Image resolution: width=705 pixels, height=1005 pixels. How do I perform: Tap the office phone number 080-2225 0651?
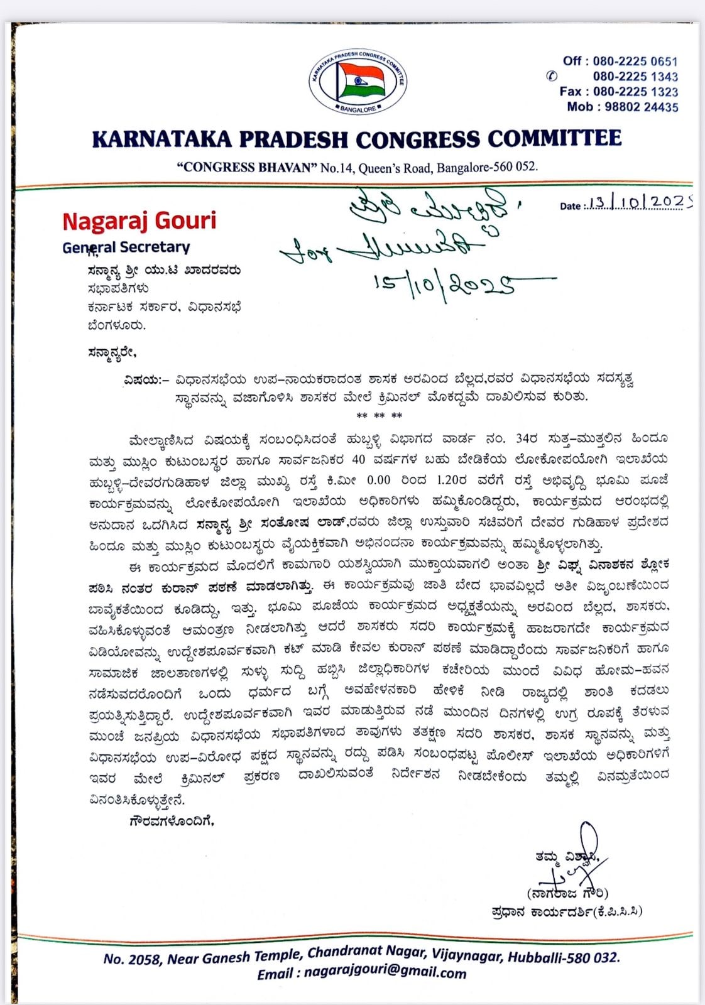click(635, 62)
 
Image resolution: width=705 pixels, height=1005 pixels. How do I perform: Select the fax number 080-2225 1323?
click(635, 92)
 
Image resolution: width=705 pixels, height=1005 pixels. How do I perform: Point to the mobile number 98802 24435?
click(642, 107)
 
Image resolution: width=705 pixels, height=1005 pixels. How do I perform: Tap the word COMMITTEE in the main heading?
click(555, 138)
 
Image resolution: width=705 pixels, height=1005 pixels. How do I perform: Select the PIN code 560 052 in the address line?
click(516, 167)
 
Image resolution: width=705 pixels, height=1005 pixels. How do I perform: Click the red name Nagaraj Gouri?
click(139, 220)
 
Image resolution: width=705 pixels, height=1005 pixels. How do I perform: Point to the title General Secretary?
click(126, 247)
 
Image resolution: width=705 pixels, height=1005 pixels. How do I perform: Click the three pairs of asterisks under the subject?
click(379, 416)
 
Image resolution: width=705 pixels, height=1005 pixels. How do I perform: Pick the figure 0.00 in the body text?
click(378, 480)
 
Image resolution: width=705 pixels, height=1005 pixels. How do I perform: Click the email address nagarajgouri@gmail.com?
click(385, 974)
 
